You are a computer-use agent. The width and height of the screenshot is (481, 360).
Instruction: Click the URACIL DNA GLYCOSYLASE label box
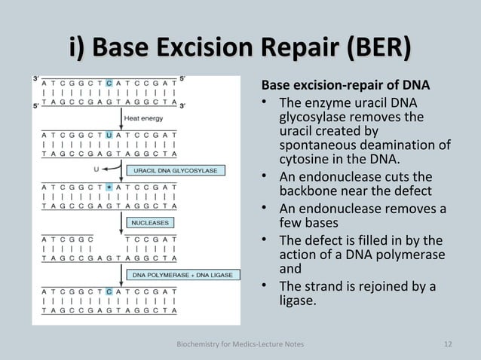tap(176, 171)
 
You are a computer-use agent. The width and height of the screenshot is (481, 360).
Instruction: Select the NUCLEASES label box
tap(151, 223)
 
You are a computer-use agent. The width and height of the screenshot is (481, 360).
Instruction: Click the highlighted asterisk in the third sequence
tap(110, 185)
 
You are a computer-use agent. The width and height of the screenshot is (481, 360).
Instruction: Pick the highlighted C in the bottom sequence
tap(110, 290)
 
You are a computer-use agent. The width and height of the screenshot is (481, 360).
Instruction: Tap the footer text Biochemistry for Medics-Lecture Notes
tap(240, 344)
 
